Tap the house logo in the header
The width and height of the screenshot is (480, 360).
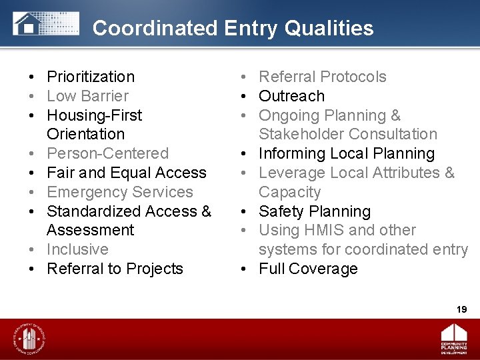pyautogui.click(x=27, y=24)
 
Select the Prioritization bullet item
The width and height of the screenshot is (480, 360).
pyautogui.click(x=91, y=77)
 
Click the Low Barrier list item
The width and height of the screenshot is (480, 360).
pyautogui.click(x=87, y=96)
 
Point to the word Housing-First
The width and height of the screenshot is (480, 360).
pyautogui.click(x=94, y=115)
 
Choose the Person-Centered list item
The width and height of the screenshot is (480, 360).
pyautogui.click(x=107, y=153)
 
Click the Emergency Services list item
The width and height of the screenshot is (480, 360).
pyautogui.click(x=119, y=192)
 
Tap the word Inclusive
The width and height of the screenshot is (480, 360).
pyautogui.click(x=77, y=249)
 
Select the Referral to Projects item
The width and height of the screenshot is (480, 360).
pyautogui.click(x=115, y=269)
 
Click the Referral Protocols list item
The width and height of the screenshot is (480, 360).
pyautogui.click(x=322, y=77)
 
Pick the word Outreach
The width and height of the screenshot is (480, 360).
pyautogui.click(x=291, y=96)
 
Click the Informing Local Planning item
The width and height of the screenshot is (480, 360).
pyautogui.click(x=346, y=153)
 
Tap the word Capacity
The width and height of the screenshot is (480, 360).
pyautogui.click(x=289, y=192)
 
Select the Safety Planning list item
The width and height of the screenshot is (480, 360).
pyautogui.click(x=314, y=211)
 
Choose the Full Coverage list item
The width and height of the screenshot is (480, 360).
pyautogui.click(x=308, y=269)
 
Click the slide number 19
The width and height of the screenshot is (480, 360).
pyautogui.click(x=461, y=309)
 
